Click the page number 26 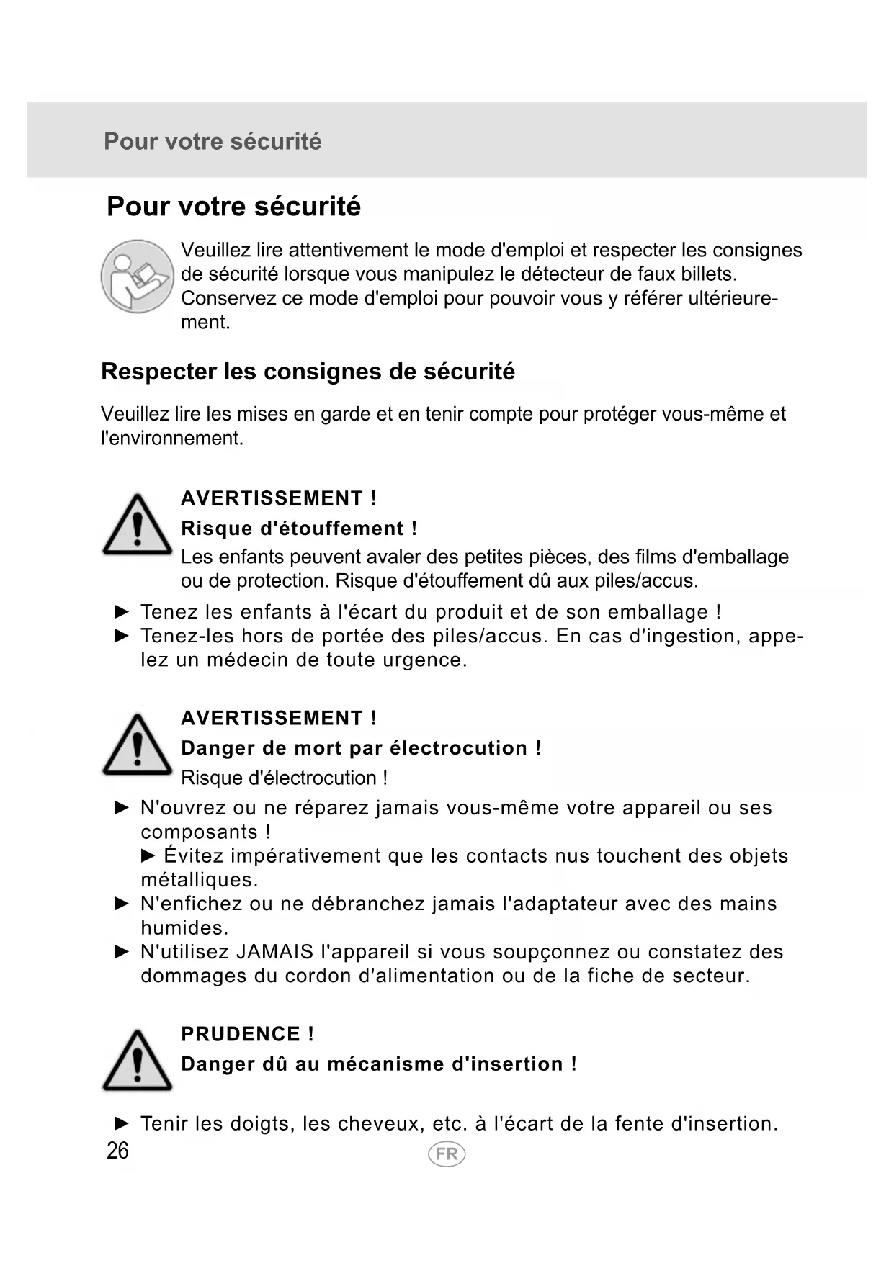[x=117, y=1151]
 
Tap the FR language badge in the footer [x=447, y=1154]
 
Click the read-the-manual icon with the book [x=137, y=277]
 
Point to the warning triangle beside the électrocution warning [x=137, y=745]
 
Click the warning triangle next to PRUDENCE [x=137, y=1061]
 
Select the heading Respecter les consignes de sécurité [x=308, y=372]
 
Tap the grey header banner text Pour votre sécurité [x=213, y=141]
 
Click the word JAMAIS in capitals [x=274, y=952]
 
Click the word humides [x=184, y=927]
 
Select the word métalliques [x=199, y=880]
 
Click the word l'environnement [x=172, y=438]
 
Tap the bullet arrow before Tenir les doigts [x=122, y=1123]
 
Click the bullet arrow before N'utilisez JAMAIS [x=122, y=952]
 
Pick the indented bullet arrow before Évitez [x=148, y=855]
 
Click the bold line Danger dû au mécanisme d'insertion [x=379, y=1064]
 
